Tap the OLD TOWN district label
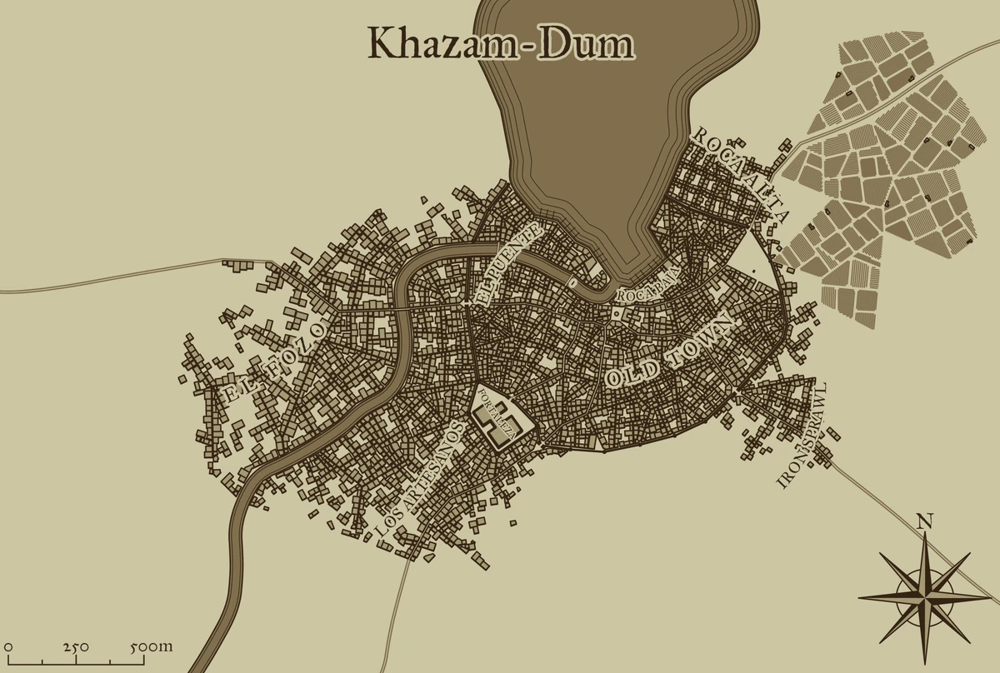(673, 353)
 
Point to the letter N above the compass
(923, 522)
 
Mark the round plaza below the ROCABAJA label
(617, 314)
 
